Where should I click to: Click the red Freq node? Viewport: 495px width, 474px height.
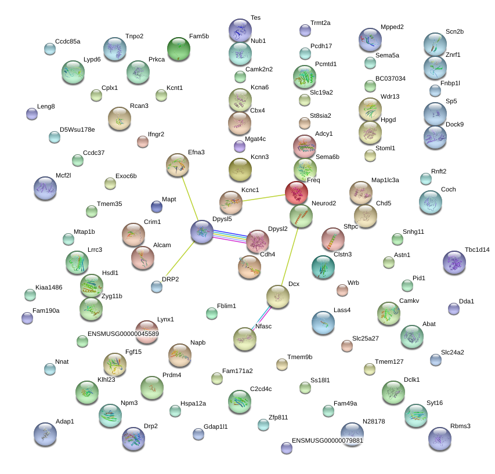[x=297, y=193]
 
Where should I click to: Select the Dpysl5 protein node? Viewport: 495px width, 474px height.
[x=202, y=232]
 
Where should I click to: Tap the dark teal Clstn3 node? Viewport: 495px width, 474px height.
[x=323, y=267]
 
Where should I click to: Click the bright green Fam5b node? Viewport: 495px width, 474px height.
[x=179, y=49]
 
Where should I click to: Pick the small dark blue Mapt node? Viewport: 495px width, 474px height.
[x=157, y=207]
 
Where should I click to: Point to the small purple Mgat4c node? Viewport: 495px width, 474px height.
[x=240, y=146]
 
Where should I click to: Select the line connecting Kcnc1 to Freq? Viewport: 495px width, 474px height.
[x=263, y=198]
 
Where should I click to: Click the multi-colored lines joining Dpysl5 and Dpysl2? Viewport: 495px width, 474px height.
[x=230, y=237]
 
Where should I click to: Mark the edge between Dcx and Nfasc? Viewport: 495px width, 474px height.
[x=261, y=318]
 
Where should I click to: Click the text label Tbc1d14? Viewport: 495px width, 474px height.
[x=477, y=249]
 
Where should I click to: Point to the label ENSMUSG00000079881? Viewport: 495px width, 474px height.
[x=327, y=440]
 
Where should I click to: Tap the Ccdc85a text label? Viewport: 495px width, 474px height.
[x=67, y=41]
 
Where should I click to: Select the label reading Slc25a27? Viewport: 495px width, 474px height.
[x=365, y=338]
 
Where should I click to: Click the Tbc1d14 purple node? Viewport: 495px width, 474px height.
[x=454, y=262]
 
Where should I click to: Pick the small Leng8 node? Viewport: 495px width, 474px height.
[x=32, y=114]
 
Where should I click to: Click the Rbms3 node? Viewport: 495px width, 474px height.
[x=440, y=439]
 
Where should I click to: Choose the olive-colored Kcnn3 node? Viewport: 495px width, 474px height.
[x=240, y=170]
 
